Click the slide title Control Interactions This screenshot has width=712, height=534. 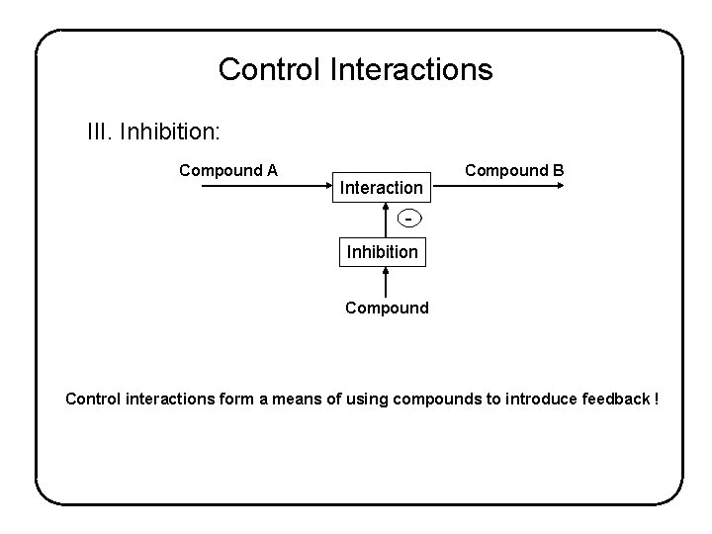[x=355, y=69]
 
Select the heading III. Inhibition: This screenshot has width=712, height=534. [x=154, y=132]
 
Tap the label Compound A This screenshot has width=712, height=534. [x=227, y=170]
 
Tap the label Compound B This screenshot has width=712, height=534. [x=514, y=170]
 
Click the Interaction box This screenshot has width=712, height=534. [x=382, y=187]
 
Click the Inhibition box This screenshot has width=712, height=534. [x=382, y=252]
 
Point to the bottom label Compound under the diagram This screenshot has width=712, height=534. [x=387, y=308]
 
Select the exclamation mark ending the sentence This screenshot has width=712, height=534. [x=656, y=399]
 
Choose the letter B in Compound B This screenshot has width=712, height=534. [x=558, y=170]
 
